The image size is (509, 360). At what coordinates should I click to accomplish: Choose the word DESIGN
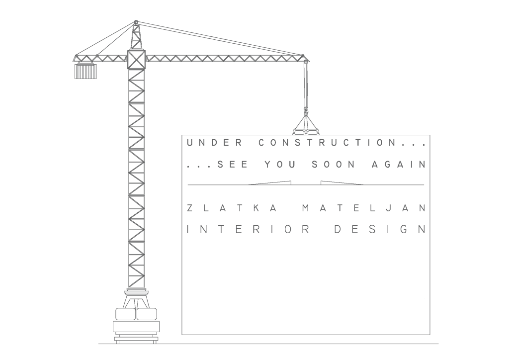pyautogui.click(x=379, y=230)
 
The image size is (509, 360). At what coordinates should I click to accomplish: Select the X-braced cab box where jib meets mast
pyautogui.click(x=136, y=59)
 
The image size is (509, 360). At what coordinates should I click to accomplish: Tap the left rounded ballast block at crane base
pyautogui.click(x=125, y=314)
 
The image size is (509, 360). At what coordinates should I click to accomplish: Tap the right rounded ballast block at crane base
pyautogui.click(x=147, y=314)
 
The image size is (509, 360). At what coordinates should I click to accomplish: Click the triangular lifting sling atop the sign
pyautogui.click(x=306, y=124)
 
